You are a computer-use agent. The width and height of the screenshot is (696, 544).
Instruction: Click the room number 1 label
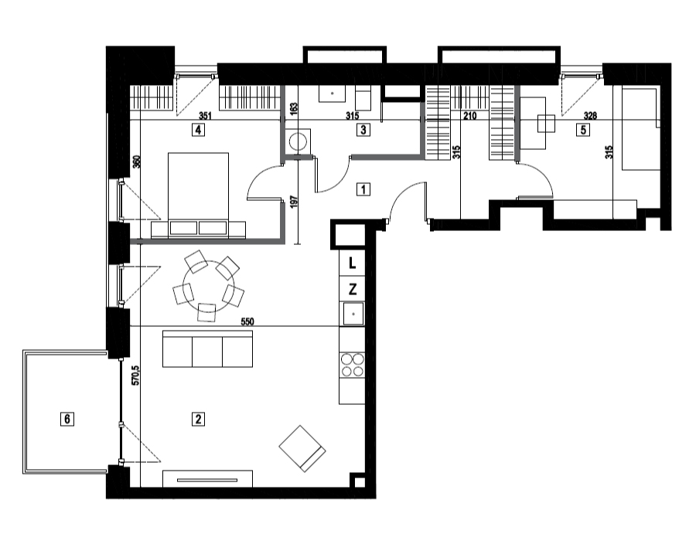click(363, 189)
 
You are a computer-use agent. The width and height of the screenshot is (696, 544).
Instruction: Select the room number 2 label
click(198, 419)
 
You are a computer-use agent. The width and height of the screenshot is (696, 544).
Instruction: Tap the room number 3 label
click(363, 130)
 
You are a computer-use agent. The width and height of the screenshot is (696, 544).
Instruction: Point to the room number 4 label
click(199, 130)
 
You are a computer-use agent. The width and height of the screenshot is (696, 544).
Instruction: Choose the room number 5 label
click(583, 130)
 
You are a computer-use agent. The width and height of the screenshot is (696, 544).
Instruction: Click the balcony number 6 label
click(67, 419)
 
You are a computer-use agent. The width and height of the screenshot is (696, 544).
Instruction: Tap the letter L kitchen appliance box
click(352, 263)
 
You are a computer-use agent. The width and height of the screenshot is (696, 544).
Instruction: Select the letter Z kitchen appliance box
click(352, 289)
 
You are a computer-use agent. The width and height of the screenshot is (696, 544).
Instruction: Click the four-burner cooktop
click(352, 365)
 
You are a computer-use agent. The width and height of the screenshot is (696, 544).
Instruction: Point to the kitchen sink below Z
click(353, 314)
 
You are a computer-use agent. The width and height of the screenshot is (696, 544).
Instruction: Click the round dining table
click(208, 281)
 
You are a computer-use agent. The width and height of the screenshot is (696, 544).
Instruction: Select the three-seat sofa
click(208, 348)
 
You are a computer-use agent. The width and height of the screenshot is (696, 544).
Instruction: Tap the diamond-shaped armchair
click(302, 449)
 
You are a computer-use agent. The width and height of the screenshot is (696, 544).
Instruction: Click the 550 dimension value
click(247, 322)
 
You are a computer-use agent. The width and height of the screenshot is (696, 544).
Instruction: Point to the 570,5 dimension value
click(136, 375)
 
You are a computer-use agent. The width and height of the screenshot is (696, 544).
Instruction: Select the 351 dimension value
click(205, 116)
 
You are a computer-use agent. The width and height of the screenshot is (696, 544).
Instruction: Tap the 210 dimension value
click(469, 116)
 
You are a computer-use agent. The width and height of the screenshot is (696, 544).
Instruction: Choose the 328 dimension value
click(590, 116)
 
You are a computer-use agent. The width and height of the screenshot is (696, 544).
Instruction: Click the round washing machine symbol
click(298, 141)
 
